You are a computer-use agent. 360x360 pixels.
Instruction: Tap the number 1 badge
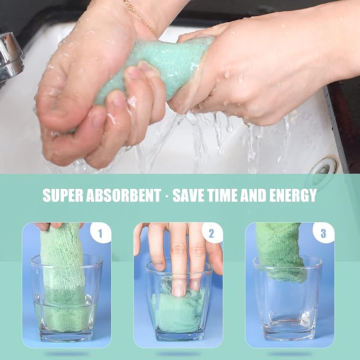[x=100, y=233]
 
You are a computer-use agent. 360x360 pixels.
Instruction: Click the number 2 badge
[x=212, y=233]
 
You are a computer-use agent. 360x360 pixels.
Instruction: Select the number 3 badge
[x=323, y=233]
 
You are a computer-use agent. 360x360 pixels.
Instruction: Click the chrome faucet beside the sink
[x=10, y=57]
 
